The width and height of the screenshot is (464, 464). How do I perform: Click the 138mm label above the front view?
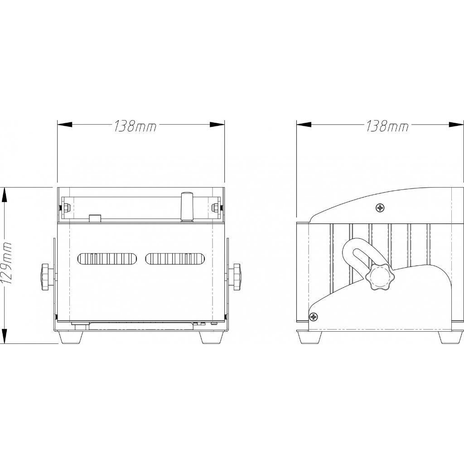point(135,126)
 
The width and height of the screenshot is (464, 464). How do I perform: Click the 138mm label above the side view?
point(387,126)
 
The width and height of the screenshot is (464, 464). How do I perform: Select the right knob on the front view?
point(236,277)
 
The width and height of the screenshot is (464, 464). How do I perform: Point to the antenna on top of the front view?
point(187,206)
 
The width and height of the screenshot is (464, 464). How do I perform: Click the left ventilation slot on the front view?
point(107,259)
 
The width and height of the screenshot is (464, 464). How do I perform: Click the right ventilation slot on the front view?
point(174,259)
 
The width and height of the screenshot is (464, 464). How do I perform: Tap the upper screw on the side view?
point(380,208)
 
